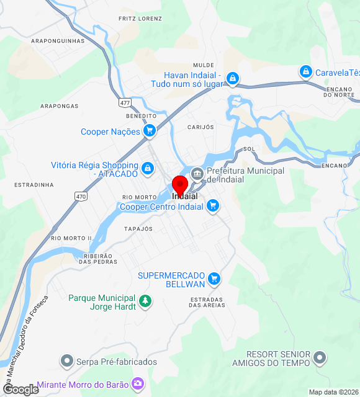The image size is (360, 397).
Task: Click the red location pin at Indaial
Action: click(x=180, y=185)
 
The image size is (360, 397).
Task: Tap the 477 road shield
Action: click(x=126, y=102)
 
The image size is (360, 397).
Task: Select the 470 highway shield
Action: click(x=81, y=196)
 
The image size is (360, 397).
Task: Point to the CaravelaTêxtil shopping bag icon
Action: click(x=305, y=72)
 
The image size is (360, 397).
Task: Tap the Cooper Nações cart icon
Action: click(x=149, y=131)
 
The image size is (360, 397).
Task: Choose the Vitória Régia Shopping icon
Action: click(x=148, y=167)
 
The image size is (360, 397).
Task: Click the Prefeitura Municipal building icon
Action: click(x=197, y=172)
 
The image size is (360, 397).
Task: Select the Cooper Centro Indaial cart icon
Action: click(x=213, y=205)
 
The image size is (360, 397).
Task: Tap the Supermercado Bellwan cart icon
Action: click(x=215, y=279)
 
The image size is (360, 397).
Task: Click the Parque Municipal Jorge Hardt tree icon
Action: click(x=145, y=301)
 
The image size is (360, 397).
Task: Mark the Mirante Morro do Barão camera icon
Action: click(x=138, y=385)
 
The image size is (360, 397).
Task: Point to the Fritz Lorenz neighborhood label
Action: click(x=140, y=19)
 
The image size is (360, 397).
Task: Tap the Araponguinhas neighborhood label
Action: click(x=58, y=41)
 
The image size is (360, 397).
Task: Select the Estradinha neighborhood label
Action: click(x=34, y=185)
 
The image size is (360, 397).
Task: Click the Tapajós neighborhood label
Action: click(x=138, y=229)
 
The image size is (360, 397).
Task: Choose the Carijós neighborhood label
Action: click(x=200, y=127)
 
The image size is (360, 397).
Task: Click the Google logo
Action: click(x=20, y=389)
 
